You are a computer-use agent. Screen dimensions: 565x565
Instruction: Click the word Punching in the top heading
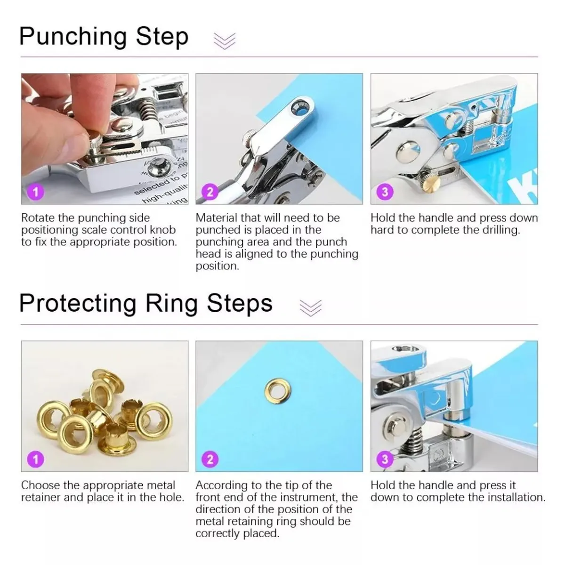tap(73, 37)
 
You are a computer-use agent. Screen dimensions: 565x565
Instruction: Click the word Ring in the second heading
tap(171, 304)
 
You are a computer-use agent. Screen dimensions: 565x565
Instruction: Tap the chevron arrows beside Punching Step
tap(225, 41)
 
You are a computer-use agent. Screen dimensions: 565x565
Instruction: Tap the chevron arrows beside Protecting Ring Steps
tap(311, 308)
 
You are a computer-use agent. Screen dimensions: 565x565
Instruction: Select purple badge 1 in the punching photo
tap(36, 192)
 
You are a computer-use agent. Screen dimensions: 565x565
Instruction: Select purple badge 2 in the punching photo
tap(210, 192)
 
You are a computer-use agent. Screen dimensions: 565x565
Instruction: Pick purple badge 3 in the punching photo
tap(385, 192)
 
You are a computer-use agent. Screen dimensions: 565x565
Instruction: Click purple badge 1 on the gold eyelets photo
tap(36, 459)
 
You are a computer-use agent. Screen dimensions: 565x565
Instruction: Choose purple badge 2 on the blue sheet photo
tap(210, 459)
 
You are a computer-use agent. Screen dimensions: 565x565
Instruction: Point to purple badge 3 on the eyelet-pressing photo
tap(385, 459)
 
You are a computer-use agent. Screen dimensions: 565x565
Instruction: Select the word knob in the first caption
tap(163, 230)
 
